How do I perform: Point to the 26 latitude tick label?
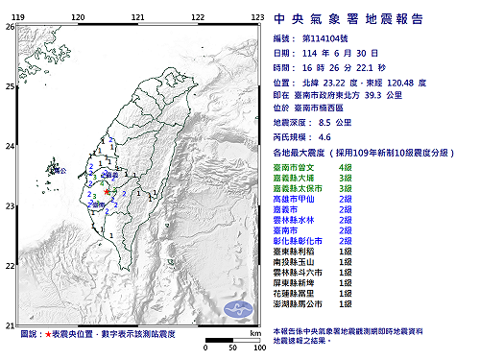coord(10,27)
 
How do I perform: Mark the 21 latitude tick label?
coord(10,325)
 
